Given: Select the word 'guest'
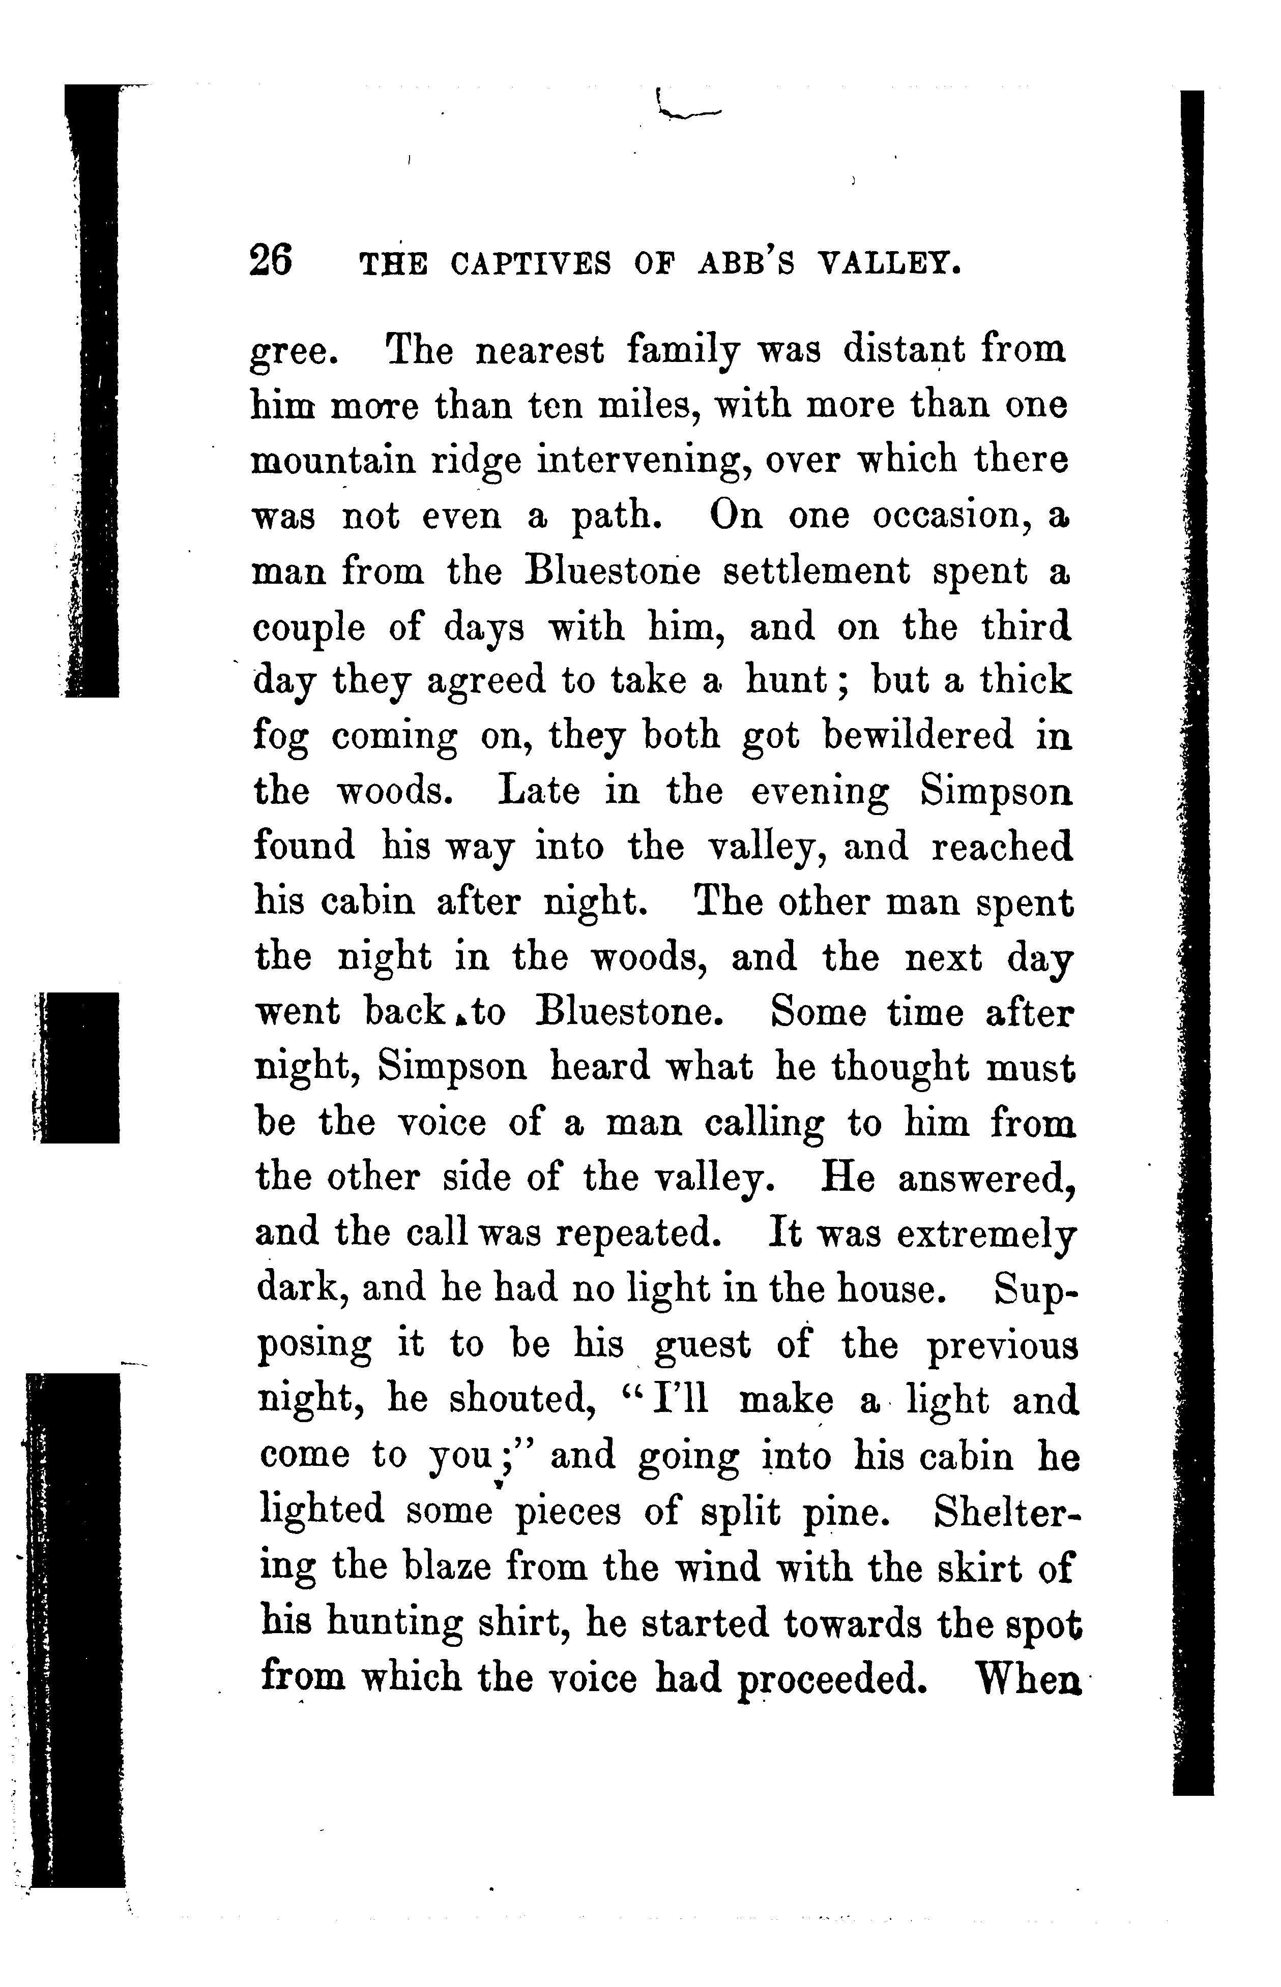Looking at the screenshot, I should coord(703,1346).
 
